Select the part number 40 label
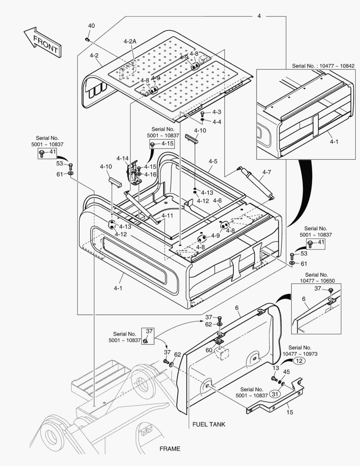point(91,26)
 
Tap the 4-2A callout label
point(129,41)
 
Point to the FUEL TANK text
point(209,424)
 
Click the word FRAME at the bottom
point(170,449)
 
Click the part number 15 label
point(290,412)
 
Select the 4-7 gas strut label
point(266,173)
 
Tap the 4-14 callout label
point(122,158)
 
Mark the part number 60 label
point(209,350)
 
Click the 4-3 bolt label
point(216,112)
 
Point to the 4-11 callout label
point(167,215)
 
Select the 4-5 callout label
point(213,161)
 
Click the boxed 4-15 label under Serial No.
point(167,143)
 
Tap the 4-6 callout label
point(217,201)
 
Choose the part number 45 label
point(286,372)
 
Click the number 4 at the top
point(259,16)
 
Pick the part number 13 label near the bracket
point(275,368)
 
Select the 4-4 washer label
point(216,122)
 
